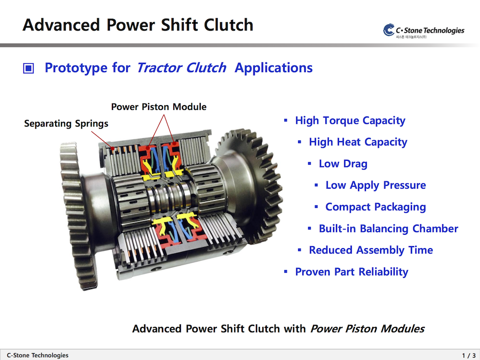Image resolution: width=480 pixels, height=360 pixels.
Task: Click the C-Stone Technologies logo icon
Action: [x=389, y=30]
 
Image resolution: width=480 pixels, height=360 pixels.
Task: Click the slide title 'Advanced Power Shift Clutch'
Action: [x=138, y=25]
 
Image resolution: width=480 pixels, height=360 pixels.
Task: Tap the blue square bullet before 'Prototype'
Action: [x=28, y=68]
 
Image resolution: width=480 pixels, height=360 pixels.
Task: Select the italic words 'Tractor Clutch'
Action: [x=181, y=68]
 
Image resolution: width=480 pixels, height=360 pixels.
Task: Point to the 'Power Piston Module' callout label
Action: [x=158, y=107]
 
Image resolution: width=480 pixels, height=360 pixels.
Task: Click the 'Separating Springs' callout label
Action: [x=66, y=123]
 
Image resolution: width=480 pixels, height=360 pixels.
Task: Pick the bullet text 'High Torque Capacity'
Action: [x=350, y=120]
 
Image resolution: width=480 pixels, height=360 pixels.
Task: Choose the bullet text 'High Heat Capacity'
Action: [x=358, y=142]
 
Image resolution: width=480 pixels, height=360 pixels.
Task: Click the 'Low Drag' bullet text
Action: [x=343, y=164]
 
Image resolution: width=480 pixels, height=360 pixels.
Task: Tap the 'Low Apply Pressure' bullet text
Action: [x=376, y=185]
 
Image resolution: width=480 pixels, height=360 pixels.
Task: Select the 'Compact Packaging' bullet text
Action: [x=376, y=206]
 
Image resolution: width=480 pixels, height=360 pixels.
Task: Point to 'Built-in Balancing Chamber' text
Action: [x=388, y=228]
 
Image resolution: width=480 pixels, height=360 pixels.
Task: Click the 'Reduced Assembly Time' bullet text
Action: [x=371, y=250]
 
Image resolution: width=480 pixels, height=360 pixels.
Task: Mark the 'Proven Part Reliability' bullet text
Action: [x=352, y=272]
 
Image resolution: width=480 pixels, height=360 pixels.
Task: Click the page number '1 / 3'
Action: [x=468, y=355]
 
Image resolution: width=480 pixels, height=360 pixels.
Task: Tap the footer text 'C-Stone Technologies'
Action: [x=37, y=355]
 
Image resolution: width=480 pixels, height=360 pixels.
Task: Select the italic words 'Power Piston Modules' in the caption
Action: [x=367, y=328]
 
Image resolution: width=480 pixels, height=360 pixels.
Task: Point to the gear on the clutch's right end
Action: [x=250, y=185]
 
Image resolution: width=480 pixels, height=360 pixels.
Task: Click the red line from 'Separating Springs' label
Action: [x=102, y=140]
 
